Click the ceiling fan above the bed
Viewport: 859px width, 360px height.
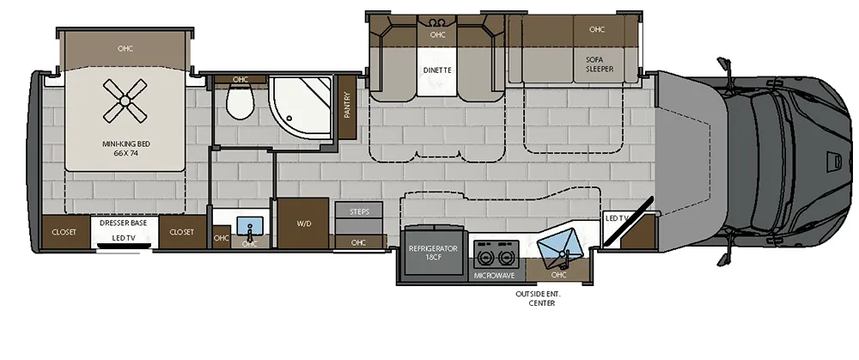click(124, 101)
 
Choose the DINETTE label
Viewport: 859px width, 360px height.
click(437, 69)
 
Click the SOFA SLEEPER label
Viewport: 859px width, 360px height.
click(599, 64)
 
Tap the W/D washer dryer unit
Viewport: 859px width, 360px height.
click(303, 223)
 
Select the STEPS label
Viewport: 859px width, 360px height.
click(358, 211)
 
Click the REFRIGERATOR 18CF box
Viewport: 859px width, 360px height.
click(434, 253)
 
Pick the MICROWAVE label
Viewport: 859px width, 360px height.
click(494, 276)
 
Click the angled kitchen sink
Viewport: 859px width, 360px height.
click(559, 246)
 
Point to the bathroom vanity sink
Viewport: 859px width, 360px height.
click(249, 229)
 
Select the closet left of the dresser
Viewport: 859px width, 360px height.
click(64, 232)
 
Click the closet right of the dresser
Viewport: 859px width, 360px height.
click(181, 232)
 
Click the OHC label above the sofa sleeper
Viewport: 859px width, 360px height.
click(596, 29)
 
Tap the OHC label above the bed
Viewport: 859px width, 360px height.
click(125, 49)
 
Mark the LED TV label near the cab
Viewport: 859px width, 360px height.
click(618, 218)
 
